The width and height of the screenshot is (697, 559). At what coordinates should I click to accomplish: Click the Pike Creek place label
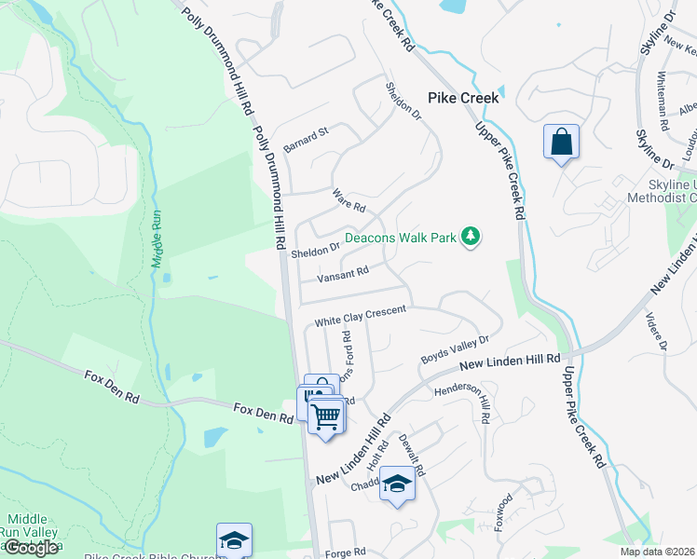[x=463, y=98]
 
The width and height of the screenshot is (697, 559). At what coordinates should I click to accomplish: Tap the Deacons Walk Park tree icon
[x=471, y=237]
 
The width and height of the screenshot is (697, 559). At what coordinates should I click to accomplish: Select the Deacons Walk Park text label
[x=401, y=238]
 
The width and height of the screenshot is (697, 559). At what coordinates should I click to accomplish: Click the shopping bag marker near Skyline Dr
[x=561, y=143]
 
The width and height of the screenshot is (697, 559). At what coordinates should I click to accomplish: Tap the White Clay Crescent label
[x=361, y=315]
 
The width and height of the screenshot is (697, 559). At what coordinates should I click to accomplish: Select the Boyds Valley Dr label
[x=455, y=351]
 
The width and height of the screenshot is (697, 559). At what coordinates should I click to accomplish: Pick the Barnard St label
[x=307, y=136]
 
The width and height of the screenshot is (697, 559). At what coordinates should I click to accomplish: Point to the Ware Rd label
[x=349, y=199]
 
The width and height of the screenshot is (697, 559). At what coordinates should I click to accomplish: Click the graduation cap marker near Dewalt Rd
[x=397, y=484]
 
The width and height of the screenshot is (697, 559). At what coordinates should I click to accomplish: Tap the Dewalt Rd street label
[x=411, y=457]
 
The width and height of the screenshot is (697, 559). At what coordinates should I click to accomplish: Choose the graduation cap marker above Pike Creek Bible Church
[x=234, y=540]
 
